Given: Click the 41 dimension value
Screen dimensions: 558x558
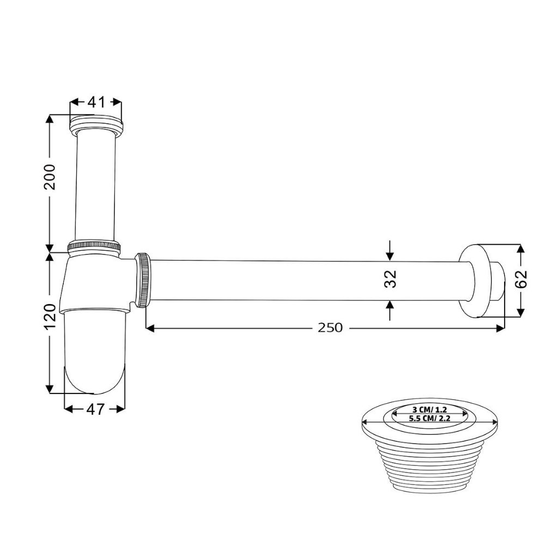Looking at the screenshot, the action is coord(96,102).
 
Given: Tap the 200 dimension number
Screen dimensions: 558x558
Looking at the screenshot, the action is coord(50,177).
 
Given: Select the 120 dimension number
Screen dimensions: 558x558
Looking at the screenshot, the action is coord(50,317).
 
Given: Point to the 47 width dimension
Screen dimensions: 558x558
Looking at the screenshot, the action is coord(95,409).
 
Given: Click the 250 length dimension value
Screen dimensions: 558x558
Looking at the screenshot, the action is coord(330,327).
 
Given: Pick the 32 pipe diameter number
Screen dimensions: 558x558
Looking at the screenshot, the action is coord(390,279).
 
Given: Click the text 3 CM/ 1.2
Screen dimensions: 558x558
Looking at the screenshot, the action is coord(429,410).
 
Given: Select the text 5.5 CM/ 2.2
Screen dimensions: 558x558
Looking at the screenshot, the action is coord(429,418).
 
